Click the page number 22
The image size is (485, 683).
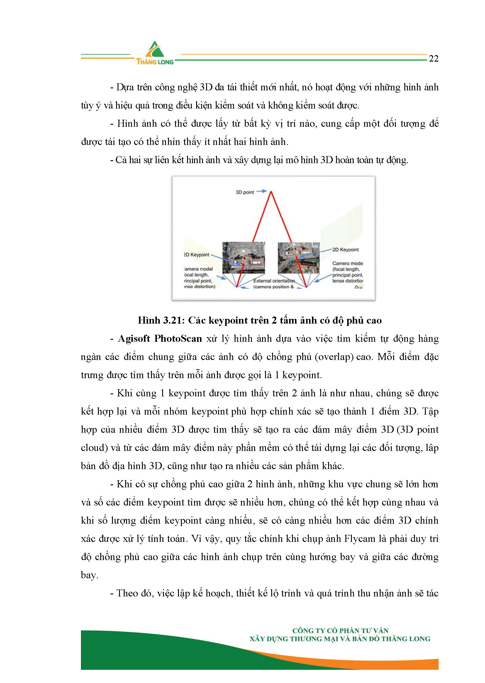coord(433,59)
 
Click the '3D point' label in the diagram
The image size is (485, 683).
coord(245,192)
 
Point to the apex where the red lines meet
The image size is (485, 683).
coord(271,192)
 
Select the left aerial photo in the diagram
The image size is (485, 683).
coord(243,258)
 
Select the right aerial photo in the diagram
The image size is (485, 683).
coord(298,258)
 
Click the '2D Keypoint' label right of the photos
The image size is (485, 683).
coord(345,250)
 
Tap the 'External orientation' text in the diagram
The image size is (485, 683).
coord(274,281)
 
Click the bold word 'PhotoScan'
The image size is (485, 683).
coord(178,339)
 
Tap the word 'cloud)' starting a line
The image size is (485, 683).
coord(94,448)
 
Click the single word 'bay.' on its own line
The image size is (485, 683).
coord(89,575)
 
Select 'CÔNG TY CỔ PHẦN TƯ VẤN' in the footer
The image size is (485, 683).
coord(340,631)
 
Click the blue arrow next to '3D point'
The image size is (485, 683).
coord(262,191)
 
